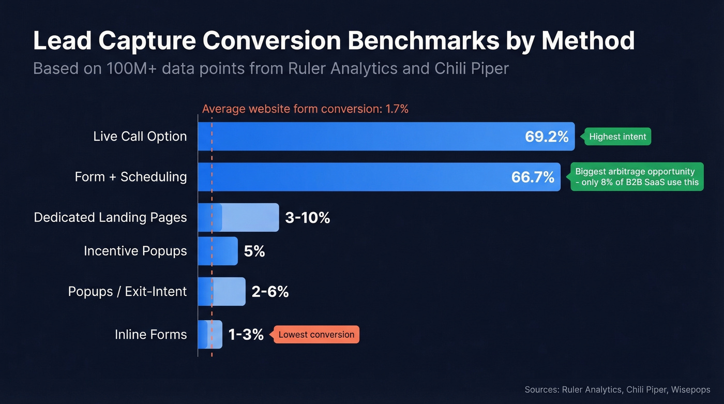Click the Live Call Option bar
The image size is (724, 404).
pyautogui.click(x=362, y=137)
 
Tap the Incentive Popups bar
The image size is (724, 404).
pyautogui.click(x=218, y=251)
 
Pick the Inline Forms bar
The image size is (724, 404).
pyautogui.click(x=210, y=335)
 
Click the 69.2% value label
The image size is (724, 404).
pyautogui.click(x=547, y=137)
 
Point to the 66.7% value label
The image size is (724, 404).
pyautogui.click(x=533, y=177)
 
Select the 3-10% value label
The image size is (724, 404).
pyautogui.click(x=307, y=218)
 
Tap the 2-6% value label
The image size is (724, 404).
pyautogui.click(x=270, y=292)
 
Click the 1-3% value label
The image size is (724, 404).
pyautogui.click(x=246, y=335)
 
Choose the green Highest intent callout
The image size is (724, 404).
pyautogui.click(x=617, y=137)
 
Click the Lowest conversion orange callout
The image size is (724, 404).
pyautogui.click(x=316, y=335)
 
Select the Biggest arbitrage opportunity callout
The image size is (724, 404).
pyautogui.click(x=637, y=177)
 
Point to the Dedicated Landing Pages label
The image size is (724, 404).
pyautogui.click(x=110, y=217)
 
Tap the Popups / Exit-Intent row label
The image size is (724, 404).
pyautogui.click(x=127, y=292)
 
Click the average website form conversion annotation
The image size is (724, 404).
pyautogui.click(x=305, y=109)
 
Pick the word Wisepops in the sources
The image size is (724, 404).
pyautogui.click(x=690, y=390)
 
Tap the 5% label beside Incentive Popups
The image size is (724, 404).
pyautogui.click(x=254, y=251)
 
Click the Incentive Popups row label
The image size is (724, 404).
pyautogui.click(x=135, y=251)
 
